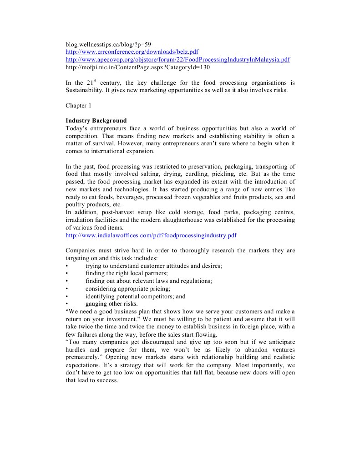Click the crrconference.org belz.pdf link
point(132,52)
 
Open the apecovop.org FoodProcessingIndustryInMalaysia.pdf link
point(177,60)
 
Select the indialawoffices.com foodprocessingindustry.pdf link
point(151,236)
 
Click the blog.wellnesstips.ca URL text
point(105,45)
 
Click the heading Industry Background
point(96,121)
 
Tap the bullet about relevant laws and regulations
point(148,281)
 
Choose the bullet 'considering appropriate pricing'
point(127,289)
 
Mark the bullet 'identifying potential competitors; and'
point(135,296)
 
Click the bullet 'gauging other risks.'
point(111,304)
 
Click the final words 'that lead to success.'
point(92,380)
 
